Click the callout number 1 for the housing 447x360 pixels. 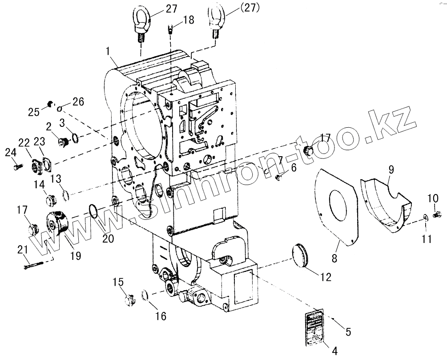[108, 51]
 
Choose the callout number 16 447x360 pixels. [161, 316]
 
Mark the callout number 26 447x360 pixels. [78, 102]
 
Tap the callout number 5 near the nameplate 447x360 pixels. [348, 332]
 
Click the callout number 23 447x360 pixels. [40, 142]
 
